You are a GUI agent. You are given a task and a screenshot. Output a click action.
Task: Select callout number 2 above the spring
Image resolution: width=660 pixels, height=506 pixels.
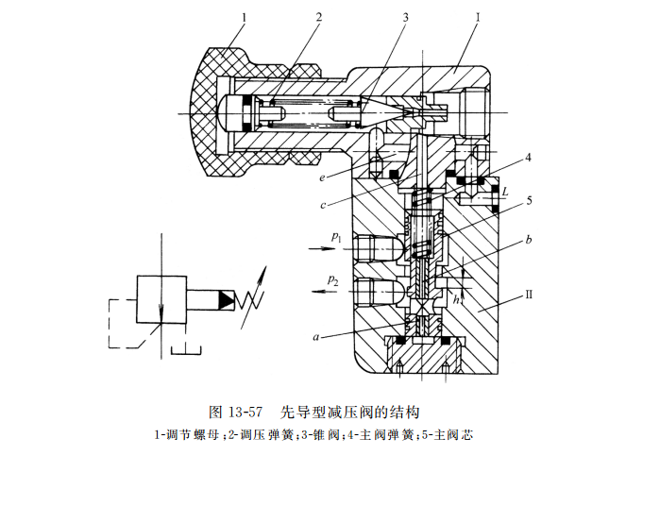(319, 17)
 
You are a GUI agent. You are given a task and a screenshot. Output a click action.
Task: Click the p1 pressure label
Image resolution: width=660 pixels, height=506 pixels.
(336, 237)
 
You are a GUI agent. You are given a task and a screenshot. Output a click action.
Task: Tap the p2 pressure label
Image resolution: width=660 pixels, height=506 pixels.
(333, 279)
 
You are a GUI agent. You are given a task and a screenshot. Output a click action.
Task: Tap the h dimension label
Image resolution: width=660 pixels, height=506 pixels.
(458, 298)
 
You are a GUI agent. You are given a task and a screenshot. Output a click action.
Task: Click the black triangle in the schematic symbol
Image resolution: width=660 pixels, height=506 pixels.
(227, 300)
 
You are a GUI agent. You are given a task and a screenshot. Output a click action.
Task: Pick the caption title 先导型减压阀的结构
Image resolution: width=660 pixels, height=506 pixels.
(349, 412)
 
